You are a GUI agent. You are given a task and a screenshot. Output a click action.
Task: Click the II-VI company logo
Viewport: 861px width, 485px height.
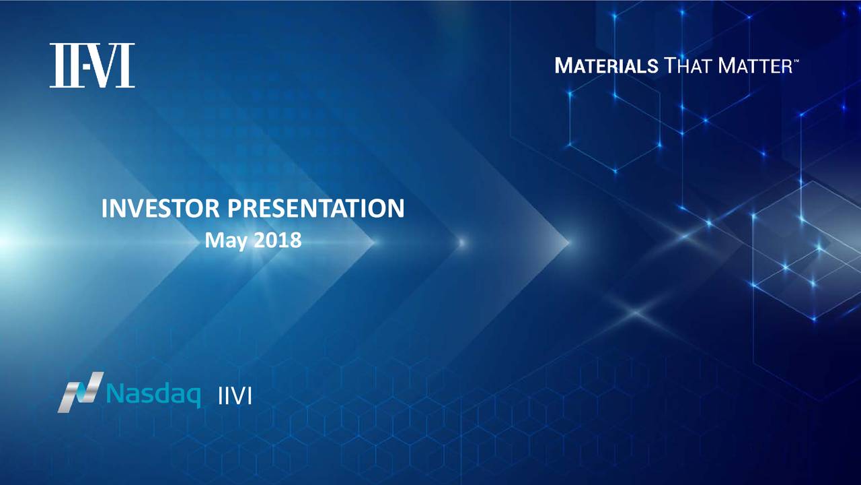point(92,65)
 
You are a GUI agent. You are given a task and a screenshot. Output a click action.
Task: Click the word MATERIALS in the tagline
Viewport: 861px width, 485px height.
point(607,65)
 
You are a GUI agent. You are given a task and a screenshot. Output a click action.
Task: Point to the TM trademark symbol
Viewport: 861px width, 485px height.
point(796,61)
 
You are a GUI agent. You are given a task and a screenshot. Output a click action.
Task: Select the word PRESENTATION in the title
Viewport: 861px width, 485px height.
point(315,208)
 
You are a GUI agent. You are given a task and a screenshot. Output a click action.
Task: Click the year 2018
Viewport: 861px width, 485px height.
point(278,240)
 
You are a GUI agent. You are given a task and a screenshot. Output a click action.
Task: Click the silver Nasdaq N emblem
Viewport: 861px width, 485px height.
point(81,392)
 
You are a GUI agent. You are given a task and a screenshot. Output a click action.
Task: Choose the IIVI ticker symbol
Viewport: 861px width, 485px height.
point(235,396)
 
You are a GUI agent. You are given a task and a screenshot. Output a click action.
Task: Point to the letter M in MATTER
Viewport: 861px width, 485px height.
point(727,65)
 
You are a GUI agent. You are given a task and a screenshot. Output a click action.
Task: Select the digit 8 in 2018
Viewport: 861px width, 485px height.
point(295,240)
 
